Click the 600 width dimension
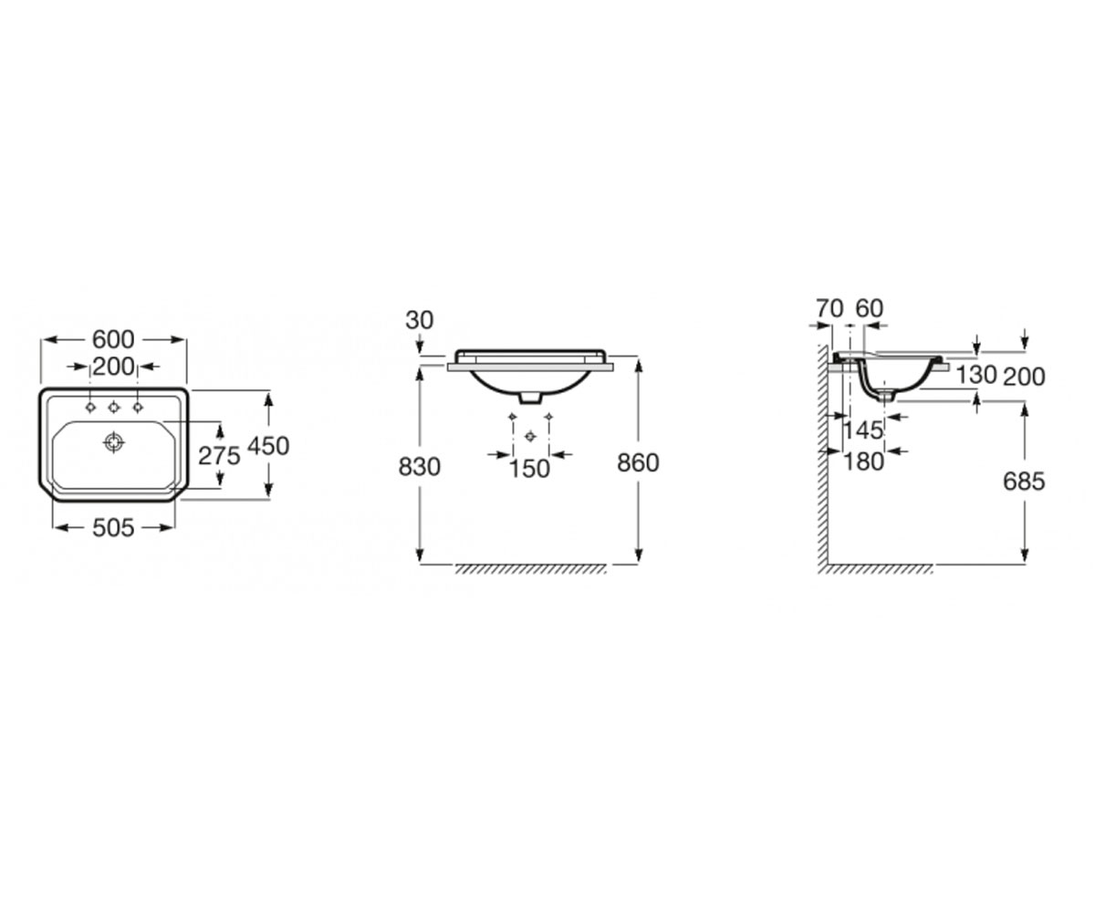(113, 339)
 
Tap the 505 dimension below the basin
(113, 528)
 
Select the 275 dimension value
(219, 455)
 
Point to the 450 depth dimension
(268, 446)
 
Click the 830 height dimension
(420, 466)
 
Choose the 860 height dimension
(638, 462)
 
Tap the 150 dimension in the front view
(529, 469)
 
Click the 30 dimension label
(420, 320)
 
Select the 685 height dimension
(1024, 482)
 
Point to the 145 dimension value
(863, 430)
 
